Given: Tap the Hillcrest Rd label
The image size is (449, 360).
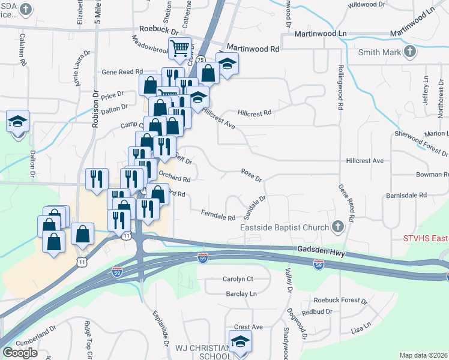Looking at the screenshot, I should [x=255, y=112].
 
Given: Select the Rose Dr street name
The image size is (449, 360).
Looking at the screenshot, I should [x=252, y=175].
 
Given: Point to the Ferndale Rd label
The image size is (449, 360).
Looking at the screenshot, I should [x=218, y=214].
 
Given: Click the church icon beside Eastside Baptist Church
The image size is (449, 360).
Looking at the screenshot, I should [x=338, y=227].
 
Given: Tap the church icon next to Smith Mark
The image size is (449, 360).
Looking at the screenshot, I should [x=410, y=52].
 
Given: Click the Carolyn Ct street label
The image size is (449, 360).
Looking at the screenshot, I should [x=238, y=279].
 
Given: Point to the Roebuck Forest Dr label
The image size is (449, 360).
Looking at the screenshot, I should [x=340, y=300].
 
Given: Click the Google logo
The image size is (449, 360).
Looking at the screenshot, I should [x=20, y=352].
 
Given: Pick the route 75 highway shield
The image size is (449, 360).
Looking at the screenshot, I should [x=201, y=59].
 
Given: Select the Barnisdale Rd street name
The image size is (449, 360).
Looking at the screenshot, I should [x=406, y=195].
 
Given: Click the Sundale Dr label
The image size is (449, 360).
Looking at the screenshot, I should [x=256, y=207].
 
